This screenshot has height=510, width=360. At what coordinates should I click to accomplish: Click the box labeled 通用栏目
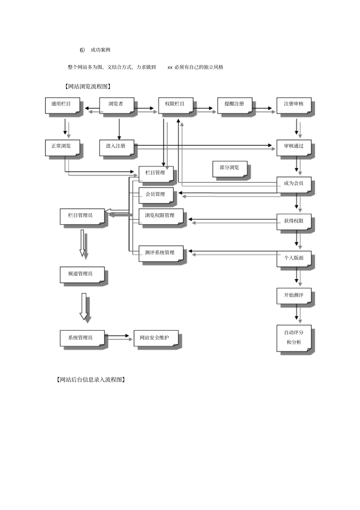pyautogui.click(x=63, y=105)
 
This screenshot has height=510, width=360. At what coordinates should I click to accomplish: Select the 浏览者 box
pyautogui.click(x=117, y=105)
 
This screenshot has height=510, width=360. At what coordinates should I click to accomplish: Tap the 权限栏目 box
pyautogui.click(x=176, y=105)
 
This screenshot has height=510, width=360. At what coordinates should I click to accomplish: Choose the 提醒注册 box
pyautogui.click(x=235, y=105)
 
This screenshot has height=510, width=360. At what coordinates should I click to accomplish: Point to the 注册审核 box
pyautogui.click(x=294, y=105)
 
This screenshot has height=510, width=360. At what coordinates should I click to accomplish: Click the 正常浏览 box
pyautogui.click(x=63, y=148)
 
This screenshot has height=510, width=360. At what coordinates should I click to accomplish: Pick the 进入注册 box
pyautogui.click(x=117, y=148)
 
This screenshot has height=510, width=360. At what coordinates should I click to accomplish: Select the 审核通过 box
pyautogui.click(x=294, y=148)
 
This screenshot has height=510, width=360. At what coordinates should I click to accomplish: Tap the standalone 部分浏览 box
pyautogui.click(x=230, y=169)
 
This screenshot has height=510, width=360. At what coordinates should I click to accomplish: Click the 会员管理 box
pyautogui.click(x=156, y=195)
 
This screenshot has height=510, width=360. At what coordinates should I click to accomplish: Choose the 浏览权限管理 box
pyautogui.click(x=161, y=217)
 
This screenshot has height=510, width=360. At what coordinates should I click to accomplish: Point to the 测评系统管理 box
pyautogui.click(x=161, y=254)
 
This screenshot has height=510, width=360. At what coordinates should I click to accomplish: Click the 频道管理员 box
pyautogui.click(x=82, y=275)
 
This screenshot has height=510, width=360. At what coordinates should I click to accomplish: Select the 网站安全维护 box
pyautogui.click(x=156, y=338)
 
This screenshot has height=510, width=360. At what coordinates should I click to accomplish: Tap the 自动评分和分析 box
pyautogui.click(x=294, y=338)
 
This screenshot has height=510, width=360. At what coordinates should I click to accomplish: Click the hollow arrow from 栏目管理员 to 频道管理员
pyautogui.click(x=82, y=243)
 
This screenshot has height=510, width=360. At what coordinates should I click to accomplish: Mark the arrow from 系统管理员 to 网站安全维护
pyautogui.click(x=117, y=336)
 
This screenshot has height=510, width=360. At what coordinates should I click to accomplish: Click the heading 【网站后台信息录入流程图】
pyautogui.click(x=91, y=380)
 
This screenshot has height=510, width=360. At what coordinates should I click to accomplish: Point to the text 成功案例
pyautogui.click(x=100, y=50)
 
